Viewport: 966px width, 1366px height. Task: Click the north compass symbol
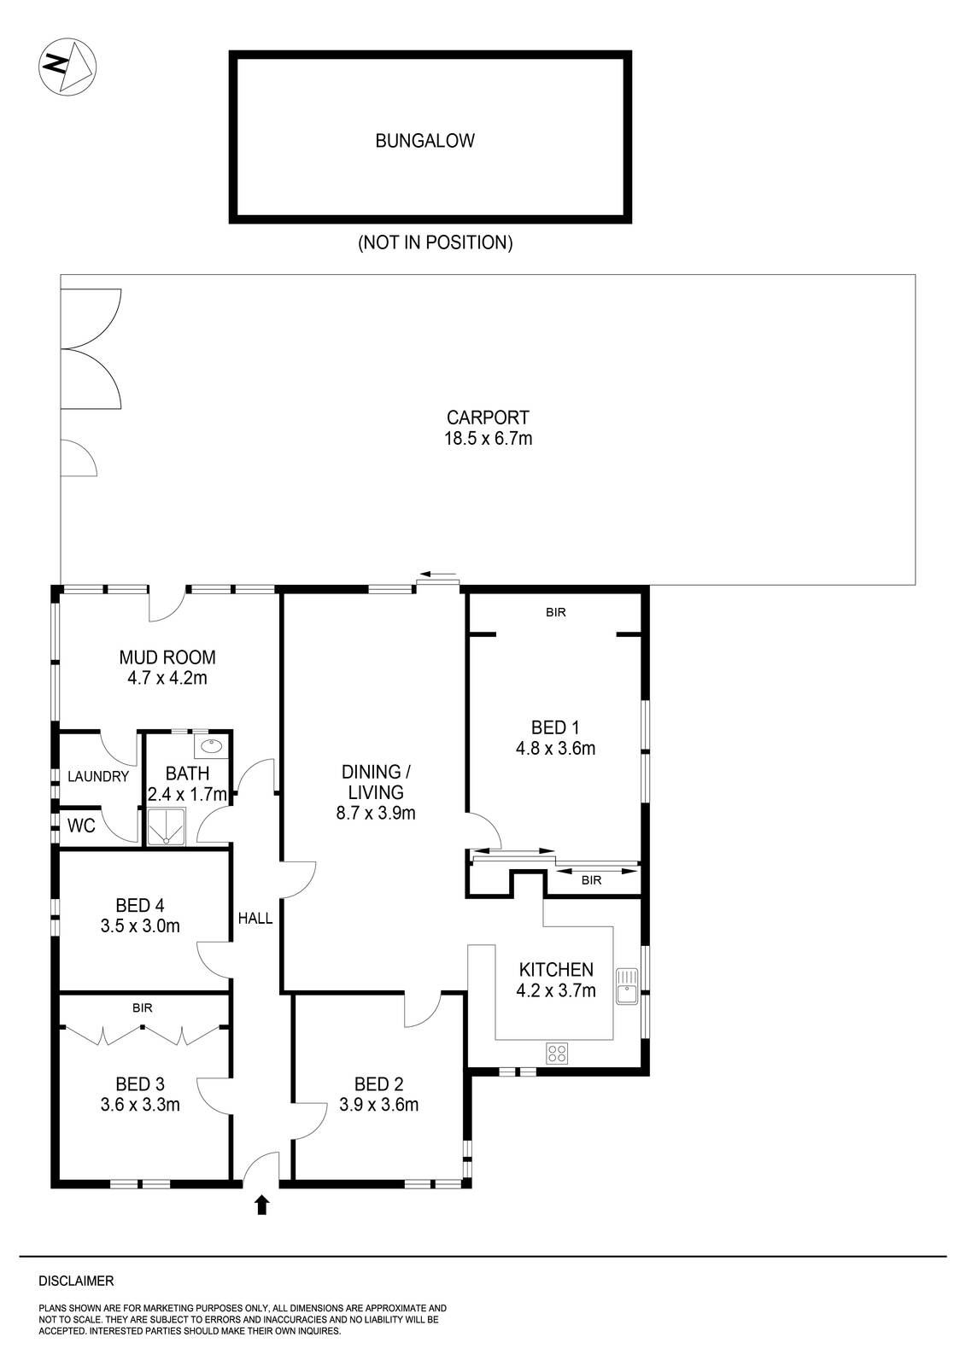point(67,66)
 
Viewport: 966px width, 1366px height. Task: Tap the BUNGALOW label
point(424,141)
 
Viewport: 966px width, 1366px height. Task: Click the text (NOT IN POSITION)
point(435,242)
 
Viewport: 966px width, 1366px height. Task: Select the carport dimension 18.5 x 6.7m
point(489,439)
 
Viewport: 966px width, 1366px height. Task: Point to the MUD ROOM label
point(167,657)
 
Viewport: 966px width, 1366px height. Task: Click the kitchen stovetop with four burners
point(558,1054)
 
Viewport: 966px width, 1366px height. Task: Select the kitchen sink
point(628,986)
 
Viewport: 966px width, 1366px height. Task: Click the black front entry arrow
point(261,1205)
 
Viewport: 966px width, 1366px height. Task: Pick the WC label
point(81,826)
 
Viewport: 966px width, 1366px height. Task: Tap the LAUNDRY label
point(98,777)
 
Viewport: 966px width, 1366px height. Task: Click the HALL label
point(255,919)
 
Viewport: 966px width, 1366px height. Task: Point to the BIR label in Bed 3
point(143,1007)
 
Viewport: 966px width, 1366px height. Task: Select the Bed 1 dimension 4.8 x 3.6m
point(555,749)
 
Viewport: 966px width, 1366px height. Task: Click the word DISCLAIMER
point(76,1281)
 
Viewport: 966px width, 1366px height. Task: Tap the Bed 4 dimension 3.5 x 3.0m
point(140,925)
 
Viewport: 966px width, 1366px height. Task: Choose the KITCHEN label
point(556,970)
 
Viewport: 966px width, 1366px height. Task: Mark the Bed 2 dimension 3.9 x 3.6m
point(378,1105)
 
